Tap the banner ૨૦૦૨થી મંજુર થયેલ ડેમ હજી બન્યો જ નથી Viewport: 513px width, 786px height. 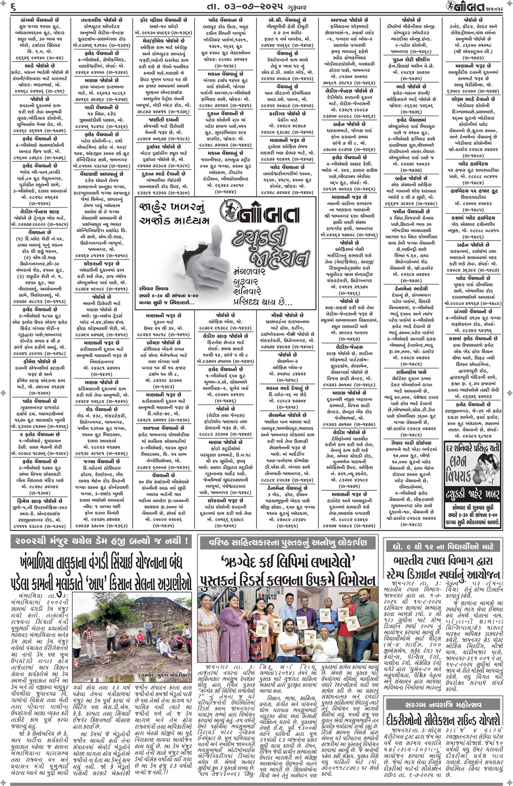101,541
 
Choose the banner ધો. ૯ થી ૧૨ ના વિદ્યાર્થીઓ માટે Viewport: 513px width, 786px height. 443,546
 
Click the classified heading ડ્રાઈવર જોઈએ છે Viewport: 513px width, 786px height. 162,146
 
